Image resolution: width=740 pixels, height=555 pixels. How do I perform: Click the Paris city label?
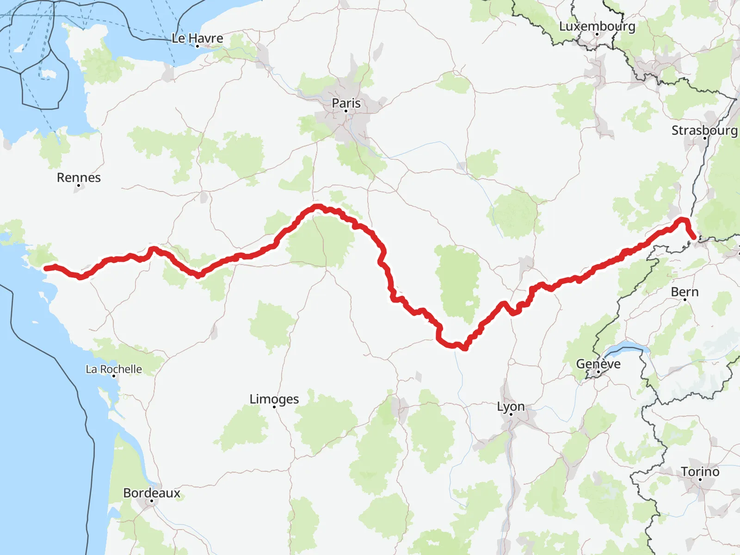point(346,103)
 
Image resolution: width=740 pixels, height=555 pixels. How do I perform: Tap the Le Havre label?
point(197,38)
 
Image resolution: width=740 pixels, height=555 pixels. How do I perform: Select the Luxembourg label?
point(597,26)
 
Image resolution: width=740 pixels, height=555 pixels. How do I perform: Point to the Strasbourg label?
point(704,130)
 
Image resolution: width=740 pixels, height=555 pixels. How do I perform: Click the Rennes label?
point(79,177)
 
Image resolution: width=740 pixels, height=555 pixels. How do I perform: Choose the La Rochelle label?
point(114,369)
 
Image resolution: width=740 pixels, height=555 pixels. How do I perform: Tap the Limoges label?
point(274,399)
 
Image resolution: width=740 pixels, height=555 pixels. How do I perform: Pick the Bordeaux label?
point(152,493)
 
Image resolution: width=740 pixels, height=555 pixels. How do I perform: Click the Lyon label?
point(511,406)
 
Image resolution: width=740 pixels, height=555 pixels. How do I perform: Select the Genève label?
point(598,364)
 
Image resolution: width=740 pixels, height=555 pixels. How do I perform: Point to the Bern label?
point(684,292)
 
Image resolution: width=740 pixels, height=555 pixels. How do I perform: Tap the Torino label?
point(700,471)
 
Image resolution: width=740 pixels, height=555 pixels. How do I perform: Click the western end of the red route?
point(46,268)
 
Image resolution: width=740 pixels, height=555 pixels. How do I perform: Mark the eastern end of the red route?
point(694,237)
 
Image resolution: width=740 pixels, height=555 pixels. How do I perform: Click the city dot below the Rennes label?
point(79,185)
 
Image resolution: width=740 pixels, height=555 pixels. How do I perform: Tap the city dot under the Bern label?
point(685,300)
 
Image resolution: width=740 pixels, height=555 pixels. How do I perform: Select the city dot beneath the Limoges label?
point(275,407)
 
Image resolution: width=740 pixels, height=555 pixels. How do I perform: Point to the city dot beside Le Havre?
point(197,46)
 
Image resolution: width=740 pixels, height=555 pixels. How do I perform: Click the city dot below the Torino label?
point(700,480)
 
